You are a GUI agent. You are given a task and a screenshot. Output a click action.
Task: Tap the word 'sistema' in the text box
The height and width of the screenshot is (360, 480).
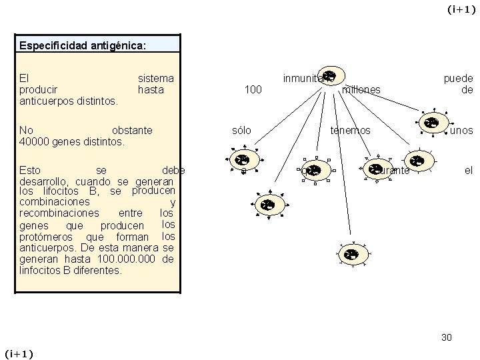pyautogui.click(x=155, y=78)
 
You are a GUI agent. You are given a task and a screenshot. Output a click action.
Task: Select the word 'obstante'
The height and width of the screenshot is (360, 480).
pyautogui.click(x=132, y=130)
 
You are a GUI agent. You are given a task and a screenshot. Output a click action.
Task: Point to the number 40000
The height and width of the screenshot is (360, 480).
pyautogui.click(x=34, y=141)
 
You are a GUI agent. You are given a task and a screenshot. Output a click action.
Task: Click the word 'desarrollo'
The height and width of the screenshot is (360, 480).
pyautogui.click(x=45, y=181)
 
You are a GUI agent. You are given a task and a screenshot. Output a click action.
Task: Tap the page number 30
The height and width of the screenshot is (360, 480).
pyautogui.click(x=447, y=337)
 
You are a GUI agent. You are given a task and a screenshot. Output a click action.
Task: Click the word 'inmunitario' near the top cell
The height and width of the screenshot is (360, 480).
pyautogui.click(x=307, y=78)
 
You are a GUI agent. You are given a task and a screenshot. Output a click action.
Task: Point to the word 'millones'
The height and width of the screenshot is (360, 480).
pyautogui.click(x=361, y=89)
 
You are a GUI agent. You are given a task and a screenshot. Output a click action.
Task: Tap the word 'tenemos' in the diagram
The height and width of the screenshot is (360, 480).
pyautogui.click(x=351, y=130)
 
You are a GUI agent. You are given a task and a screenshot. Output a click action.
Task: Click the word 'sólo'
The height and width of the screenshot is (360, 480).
pyautogui.click(x=241, y=130)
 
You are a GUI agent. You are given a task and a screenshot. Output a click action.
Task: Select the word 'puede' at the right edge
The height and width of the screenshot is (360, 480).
pyautogui.click(x=459, y=78)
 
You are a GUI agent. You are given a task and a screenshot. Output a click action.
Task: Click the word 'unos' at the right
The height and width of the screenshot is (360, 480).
pyautogui.click(x=461, y=130)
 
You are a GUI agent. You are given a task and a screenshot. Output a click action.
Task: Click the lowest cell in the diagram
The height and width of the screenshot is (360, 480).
pyautogui.click(x=350, y=253)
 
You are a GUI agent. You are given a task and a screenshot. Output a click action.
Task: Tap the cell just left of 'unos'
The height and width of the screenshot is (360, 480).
pyautogui.click(x=431, y=123)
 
